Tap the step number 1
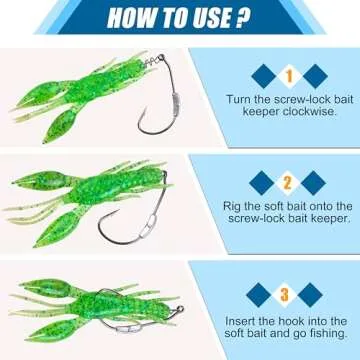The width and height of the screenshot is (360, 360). click(288, 74)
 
